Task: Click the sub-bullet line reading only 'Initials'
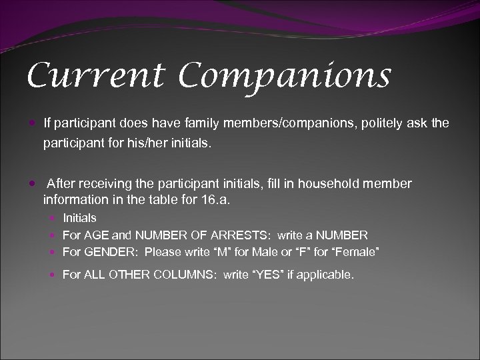pyautogui.click(x=79, y=217)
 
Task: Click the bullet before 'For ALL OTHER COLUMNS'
pyautogui.click(x=53, y=275)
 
